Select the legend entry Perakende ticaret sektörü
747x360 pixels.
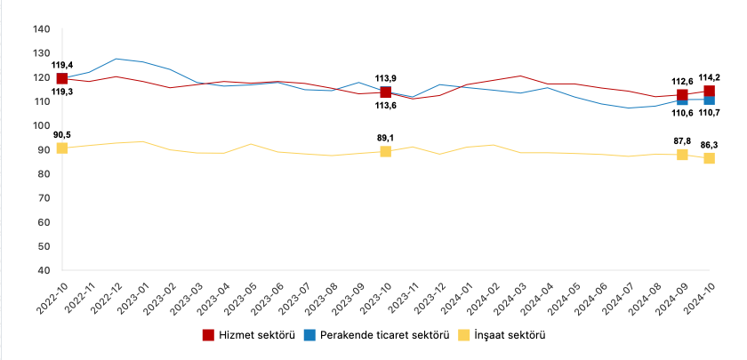[x=373, y=335]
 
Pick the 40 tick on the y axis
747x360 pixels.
[x=43, y=270]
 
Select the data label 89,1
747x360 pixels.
[x=386, y=139]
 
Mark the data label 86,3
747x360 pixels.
[x=709, y=143]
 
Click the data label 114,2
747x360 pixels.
[x=709, y=77]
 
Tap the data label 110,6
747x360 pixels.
[x=681, y=114]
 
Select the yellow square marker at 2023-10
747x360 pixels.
[x=386, y=151]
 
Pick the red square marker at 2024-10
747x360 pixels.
[x=709, y=91]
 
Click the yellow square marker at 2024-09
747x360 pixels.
[x=682, y=154]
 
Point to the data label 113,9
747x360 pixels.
[x=386, y=77]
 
